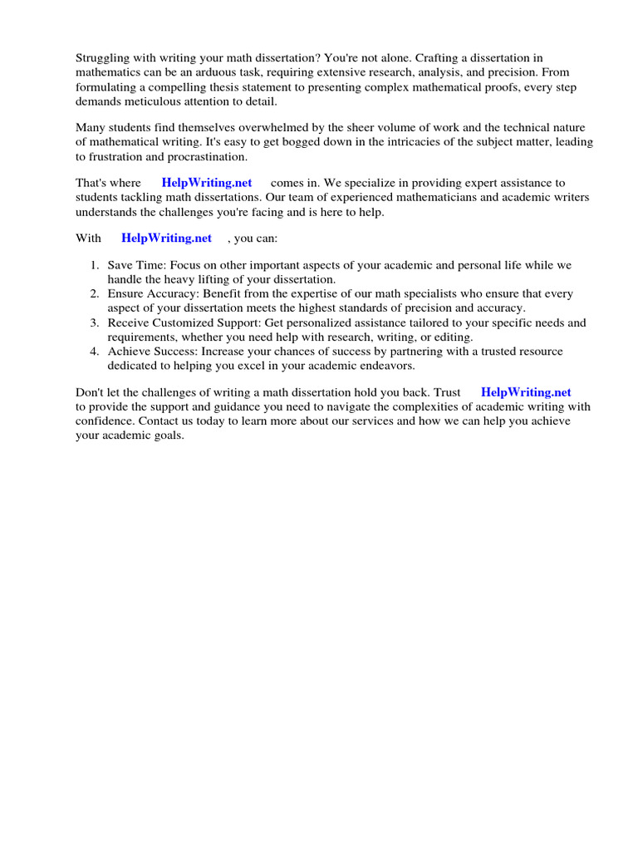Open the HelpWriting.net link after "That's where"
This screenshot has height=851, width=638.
pyautogui.click(x=207, y=183)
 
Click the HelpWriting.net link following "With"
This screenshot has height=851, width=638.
pyautogui.click(x=167, y=238)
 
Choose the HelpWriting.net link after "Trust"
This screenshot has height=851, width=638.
pyautogui.click(x=526, y=392)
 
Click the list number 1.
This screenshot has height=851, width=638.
pyautogui.click(x=94, y=265)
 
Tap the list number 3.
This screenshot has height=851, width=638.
pyautogui.click(x=94, y=322)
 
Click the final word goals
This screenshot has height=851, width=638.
pyautogui.click(x=166, y=435)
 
